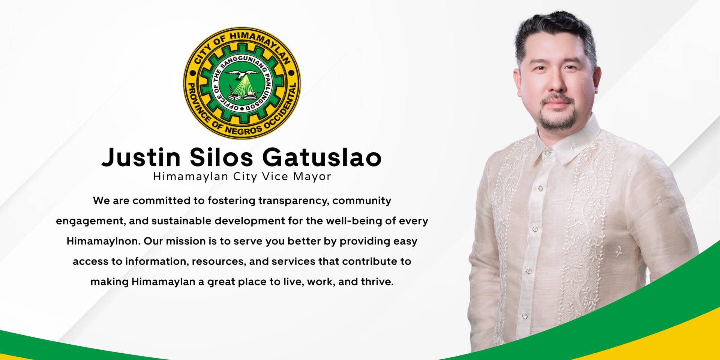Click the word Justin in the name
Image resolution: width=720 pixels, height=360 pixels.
141,157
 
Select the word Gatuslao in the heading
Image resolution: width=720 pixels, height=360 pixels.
322,157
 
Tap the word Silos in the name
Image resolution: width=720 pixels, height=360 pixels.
221,157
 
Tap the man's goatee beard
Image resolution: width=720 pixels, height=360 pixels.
557,114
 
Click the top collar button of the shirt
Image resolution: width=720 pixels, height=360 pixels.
548,154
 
